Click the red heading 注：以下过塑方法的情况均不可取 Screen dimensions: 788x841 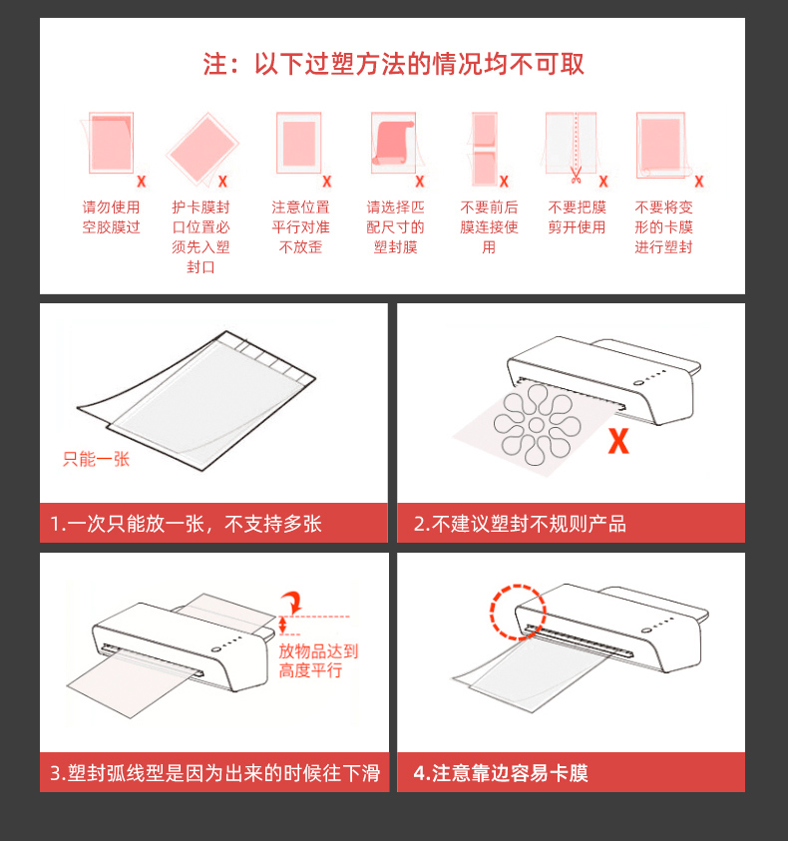pos(393,64)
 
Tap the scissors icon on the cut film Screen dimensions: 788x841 pos(577,175)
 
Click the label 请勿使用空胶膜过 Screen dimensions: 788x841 pos(111,217)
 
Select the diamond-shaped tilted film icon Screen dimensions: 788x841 pos(202,148)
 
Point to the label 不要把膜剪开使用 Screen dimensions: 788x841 pos(577,217)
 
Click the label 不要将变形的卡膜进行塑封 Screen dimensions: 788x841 pos(663,226)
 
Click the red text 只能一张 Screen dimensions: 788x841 pos(96,459)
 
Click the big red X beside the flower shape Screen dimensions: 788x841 pos(618,441)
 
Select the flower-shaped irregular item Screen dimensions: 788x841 pos(537,425)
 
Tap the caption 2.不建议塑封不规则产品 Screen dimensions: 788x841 pos(520,524)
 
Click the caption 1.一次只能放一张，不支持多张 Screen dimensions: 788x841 pos(186,524)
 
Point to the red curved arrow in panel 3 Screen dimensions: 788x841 pos(293,602)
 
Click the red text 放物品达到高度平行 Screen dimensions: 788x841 pos(318,660)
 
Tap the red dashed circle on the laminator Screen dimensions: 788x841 pos(518,612)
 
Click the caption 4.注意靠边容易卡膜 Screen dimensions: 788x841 pos(501,773)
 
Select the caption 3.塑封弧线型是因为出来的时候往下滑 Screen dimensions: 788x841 pos(214,773)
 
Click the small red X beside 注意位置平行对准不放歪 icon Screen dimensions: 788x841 pos(327,182)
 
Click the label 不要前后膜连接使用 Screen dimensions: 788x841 pos(489,226)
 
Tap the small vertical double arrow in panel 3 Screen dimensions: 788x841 pos(282,625)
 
